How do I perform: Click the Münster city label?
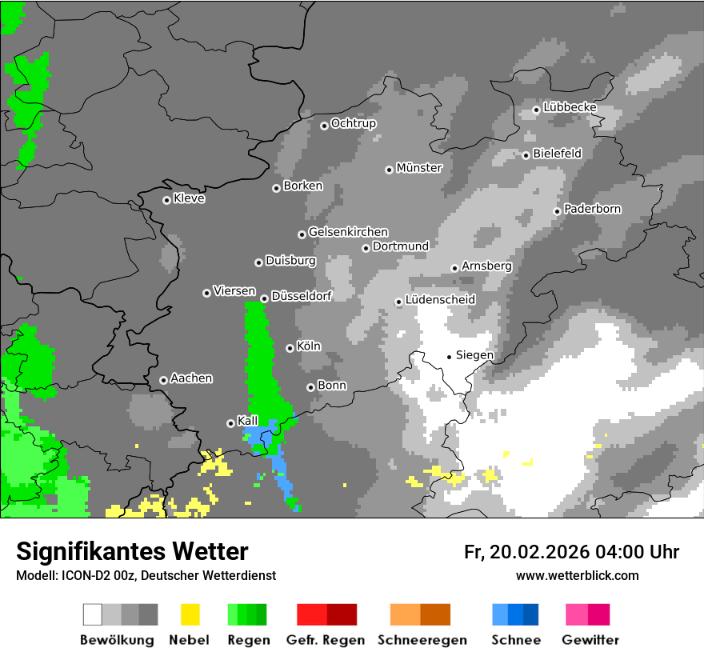419,168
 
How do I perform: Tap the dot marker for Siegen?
450,356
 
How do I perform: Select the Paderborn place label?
592,209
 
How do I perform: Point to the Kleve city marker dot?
166,200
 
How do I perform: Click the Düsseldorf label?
302,296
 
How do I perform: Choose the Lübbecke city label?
570,107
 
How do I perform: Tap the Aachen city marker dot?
163,380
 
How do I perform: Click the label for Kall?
248,421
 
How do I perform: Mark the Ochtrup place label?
354,123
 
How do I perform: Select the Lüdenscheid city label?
440,300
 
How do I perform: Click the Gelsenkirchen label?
348,232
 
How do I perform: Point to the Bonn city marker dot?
310,387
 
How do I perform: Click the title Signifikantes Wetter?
132,551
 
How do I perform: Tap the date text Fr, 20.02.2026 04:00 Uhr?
571,552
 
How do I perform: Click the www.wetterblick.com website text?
577,575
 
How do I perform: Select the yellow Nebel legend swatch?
190,614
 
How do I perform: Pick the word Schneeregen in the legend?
422,640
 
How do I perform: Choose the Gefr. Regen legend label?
326,640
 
